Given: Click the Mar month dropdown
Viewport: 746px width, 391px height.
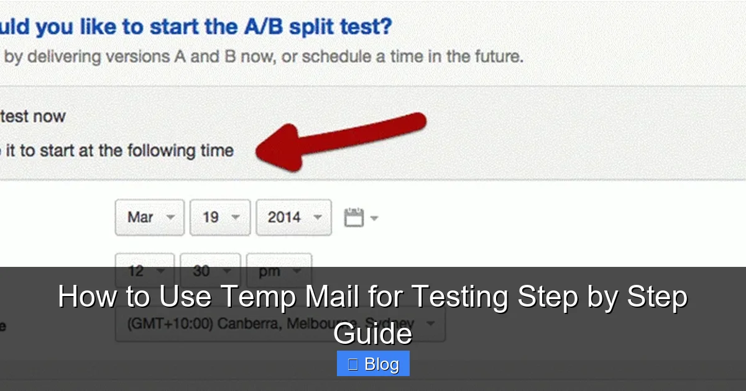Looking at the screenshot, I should (x=149, y=217).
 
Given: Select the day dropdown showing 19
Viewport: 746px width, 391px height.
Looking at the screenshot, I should (x=219, y=217).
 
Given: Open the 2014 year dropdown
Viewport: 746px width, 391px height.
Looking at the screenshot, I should (x=293, y=217).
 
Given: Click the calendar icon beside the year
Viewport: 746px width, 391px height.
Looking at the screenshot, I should (x=354, y=217).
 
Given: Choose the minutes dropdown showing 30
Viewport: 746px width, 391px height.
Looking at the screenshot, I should (x=210, y=271).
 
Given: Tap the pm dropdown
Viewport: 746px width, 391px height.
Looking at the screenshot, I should (x=279, y=271).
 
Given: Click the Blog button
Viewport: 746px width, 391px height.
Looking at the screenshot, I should (x=373, y=364).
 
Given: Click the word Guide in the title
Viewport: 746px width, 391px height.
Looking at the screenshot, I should (x=372, y=334).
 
